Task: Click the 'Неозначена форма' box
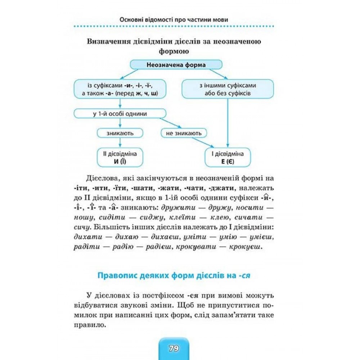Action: click(176, 65)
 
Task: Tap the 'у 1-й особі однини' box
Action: click(120, 114)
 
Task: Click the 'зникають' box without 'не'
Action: click(120, 133)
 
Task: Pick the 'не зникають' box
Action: click(184, 133)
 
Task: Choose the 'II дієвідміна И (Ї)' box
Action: click(120, 158)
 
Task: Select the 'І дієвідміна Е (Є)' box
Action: click(228, 158)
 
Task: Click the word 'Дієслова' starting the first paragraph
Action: click(101, 179)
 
